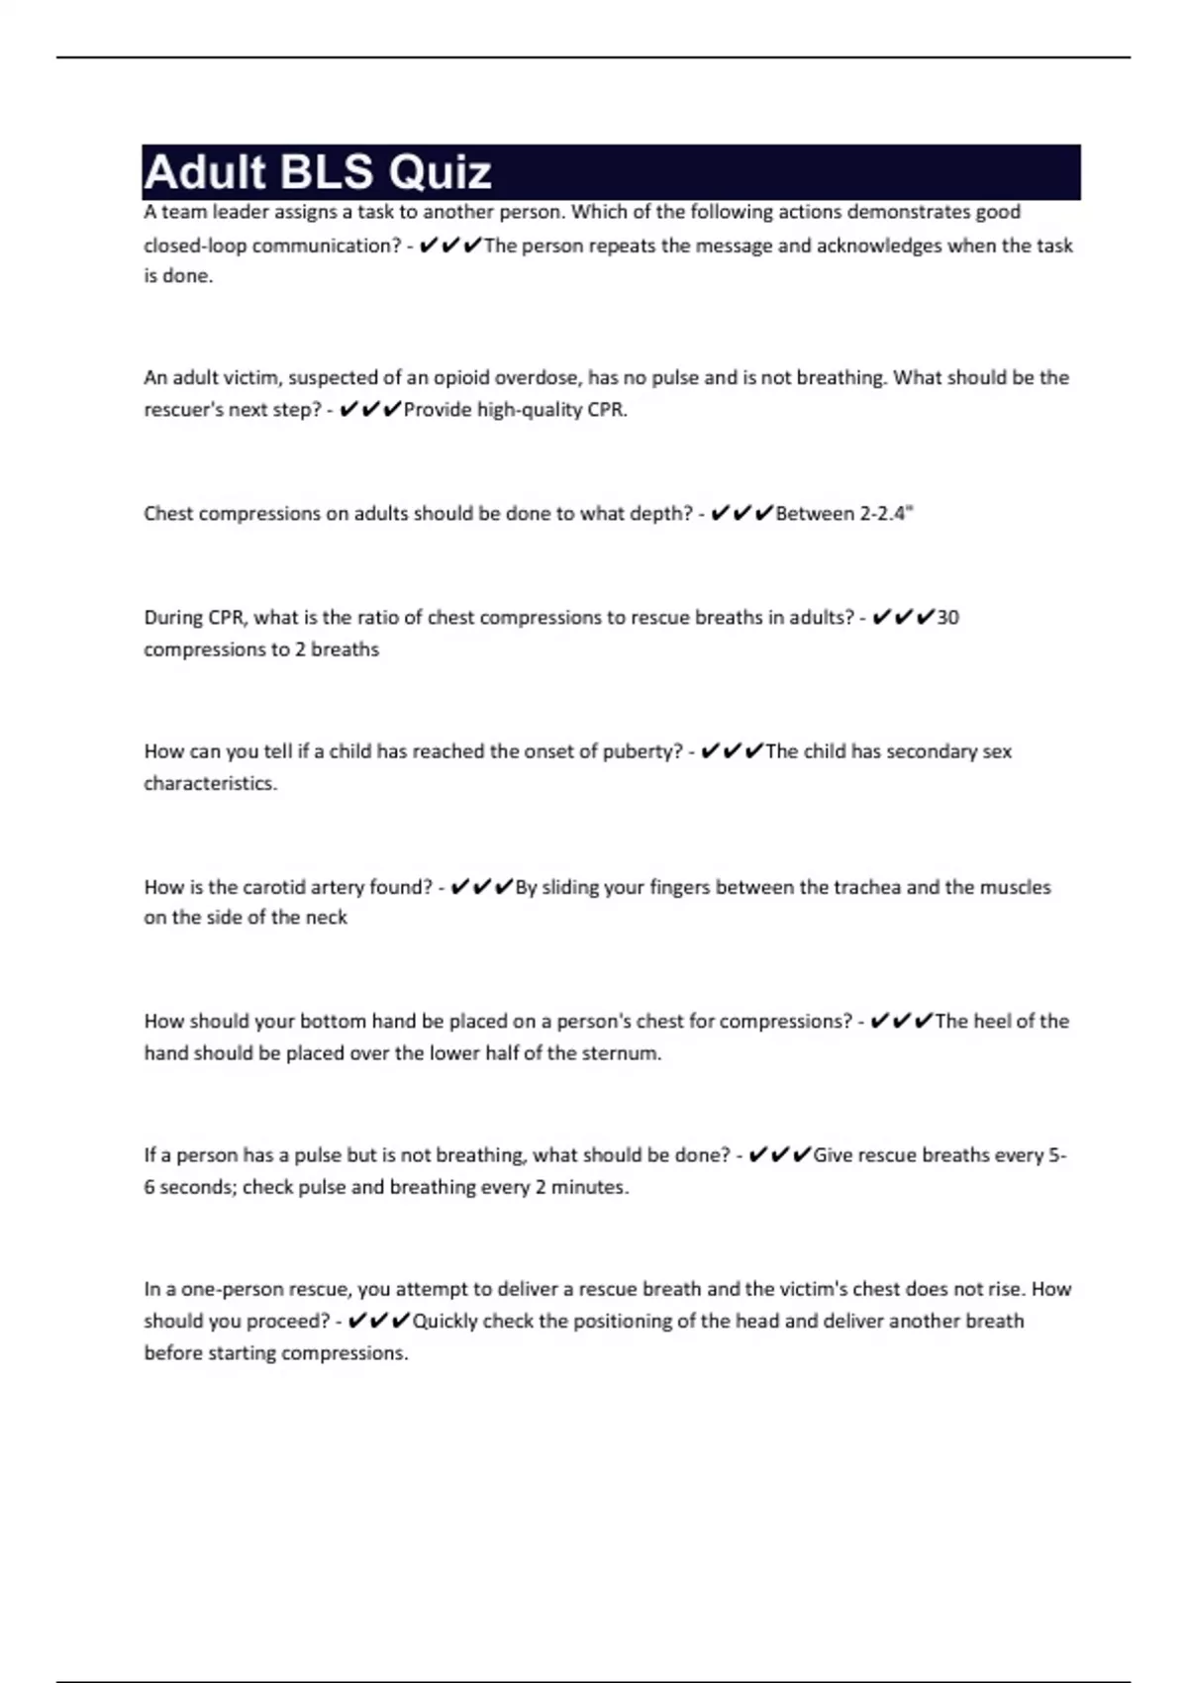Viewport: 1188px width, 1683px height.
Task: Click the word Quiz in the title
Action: click(440, 172)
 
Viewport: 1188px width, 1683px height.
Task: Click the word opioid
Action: click(461, 377)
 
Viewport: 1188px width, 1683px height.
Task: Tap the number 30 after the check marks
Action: click(947, 618)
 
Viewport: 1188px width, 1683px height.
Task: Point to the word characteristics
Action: click(210, 783)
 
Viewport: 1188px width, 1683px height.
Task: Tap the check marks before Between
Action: click(742, 513)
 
